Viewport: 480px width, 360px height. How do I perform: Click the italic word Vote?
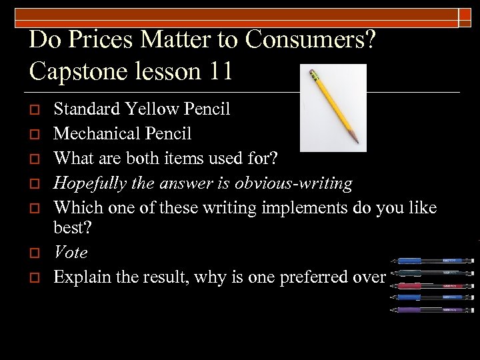tap(70, 253)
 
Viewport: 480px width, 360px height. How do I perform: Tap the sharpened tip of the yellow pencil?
tap(357, 141)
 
